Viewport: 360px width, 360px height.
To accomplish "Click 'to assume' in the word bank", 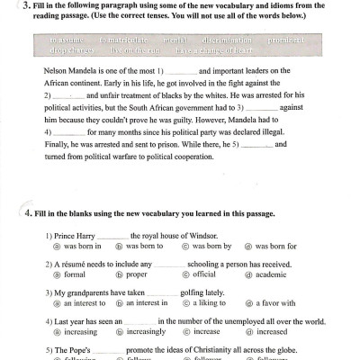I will coord(67,41).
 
